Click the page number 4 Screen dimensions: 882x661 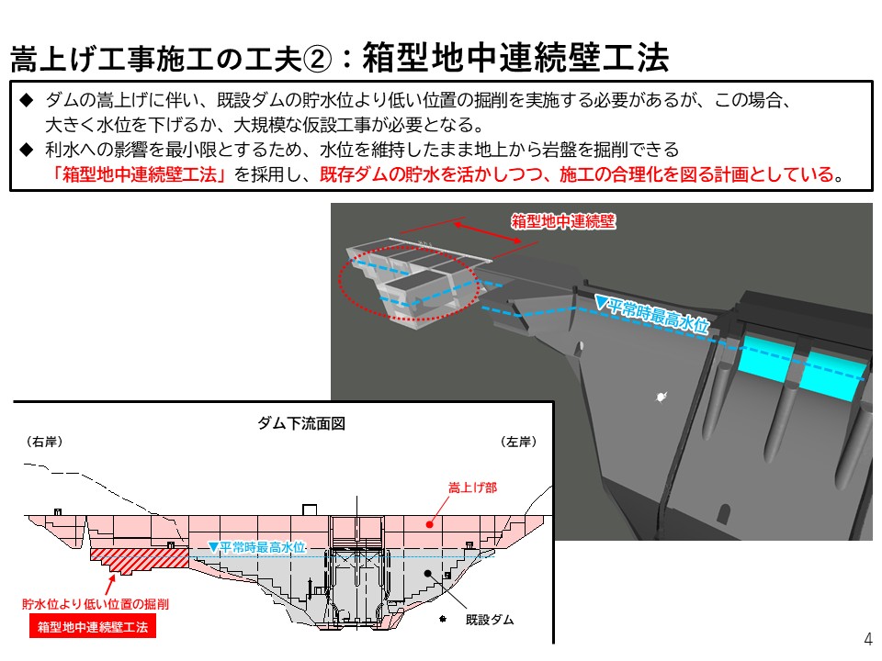click(868, 639)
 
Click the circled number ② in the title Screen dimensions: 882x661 click(317, 59)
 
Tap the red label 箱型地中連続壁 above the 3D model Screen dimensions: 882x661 click(563, 221)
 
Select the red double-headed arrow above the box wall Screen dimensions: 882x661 click(488, 232)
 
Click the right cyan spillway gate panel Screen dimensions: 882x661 click(832, 374)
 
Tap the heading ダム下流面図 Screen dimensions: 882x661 click(301, 423)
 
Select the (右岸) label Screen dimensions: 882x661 click(44, 442)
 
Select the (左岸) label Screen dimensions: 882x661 click(518, 442)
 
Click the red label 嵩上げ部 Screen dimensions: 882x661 click(472, 487)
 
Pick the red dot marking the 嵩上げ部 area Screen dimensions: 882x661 click(430, 524)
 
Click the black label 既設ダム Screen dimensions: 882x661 click(490, 620)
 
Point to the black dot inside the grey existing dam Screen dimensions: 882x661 click(428, 573)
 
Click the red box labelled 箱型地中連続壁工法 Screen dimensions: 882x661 click(93, 627)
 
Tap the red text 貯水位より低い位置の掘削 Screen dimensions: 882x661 click(96, 604)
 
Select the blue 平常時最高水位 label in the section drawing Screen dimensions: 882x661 click(257, 547)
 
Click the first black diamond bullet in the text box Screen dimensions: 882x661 click(27, 100)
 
